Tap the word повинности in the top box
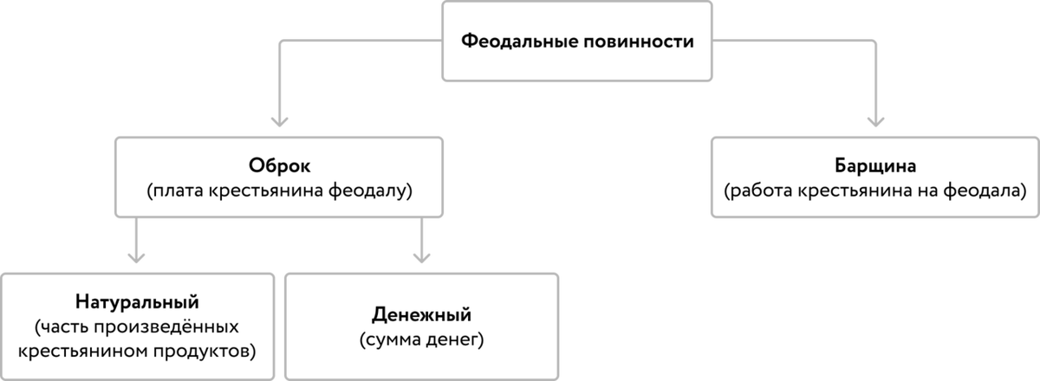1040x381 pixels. pyautogui.click(x=636, y=41)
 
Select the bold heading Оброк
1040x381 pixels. pyautogui.click(x=277, y=165)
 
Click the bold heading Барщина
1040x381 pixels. pyautogui.click(x=873, y=165)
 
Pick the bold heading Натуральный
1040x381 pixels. pyautogui.click(x=138, y=303)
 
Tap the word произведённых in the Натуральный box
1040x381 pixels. pyautogui.click(x=177, y=327)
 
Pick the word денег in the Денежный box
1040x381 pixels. pyautogui.click(x=454, y=337)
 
